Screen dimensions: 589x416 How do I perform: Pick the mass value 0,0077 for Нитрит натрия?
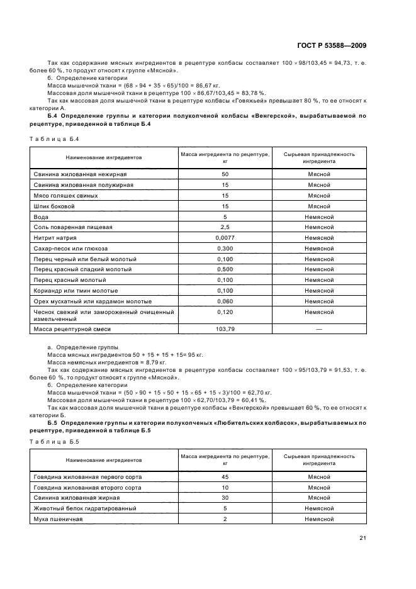(225, 238)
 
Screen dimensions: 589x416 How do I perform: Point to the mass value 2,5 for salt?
(225, 227)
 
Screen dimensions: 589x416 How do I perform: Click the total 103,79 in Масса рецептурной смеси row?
(225, 328)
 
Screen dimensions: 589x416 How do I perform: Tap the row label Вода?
(40, 216)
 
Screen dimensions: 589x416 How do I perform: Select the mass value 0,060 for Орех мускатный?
(225, 301)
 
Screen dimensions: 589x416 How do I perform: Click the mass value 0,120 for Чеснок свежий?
(225, 311)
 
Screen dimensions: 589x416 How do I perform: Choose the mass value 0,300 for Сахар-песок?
(225, 249)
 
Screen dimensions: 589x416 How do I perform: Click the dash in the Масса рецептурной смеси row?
(319, 328)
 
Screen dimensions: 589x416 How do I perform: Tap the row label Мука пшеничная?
(58, 519)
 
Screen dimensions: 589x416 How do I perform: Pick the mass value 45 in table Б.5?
(225, 477)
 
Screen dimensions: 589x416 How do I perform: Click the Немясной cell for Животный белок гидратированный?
(319, 508)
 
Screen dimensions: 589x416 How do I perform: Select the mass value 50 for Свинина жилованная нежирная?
(225, 174)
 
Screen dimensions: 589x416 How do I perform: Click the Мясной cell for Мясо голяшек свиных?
(319, 196)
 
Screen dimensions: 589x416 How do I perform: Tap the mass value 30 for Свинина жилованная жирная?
(225, 498)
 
